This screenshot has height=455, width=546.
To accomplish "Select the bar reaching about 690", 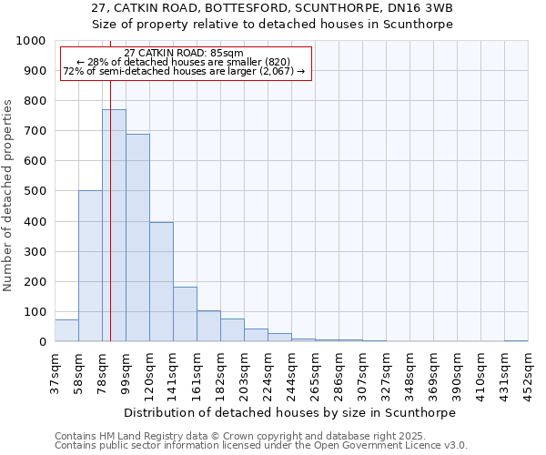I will pos(137,238).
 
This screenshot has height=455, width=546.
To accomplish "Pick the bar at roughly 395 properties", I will pos(161,282).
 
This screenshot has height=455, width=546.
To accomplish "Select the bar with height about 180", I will pos(185,314).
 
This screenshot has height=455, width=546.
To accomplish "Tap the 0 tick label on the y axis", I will pos(42,342).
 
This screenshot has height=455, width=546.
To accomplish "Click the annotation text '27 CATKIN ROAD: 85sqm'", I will pos(184,53).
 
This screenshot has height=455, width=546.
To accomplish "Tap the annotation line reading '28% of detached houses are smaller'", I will pos(184,62).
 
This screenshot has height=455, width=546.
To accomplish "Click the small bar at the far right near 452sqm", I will pos(516,340).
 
